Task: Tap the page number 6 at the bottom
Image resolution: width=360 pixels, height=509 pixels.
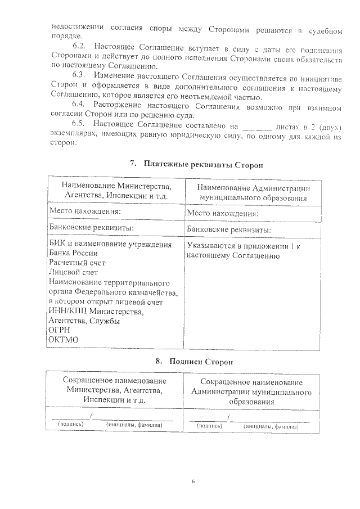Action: pyautogui.click(x=192, y=483)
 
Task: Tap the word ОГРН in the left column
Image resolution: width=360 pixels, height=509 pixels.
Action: pyautogui.click(x=60, y=330)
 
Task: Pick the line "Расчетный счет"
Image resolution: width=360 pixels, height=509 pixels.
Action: pyautogui.click(x=76, y=263)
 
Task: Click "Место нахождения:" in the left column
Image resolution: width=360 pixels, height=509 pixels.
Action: pyautogui.click(x=85, y=210)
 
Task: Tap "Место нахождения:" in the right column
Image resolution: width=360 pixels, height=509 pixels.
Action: pyautogui.click(x=222, y=214)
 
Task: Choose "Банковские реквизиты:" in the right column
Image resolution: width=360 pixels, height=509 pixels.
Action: pyautogui.click(x=229, y=230)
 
